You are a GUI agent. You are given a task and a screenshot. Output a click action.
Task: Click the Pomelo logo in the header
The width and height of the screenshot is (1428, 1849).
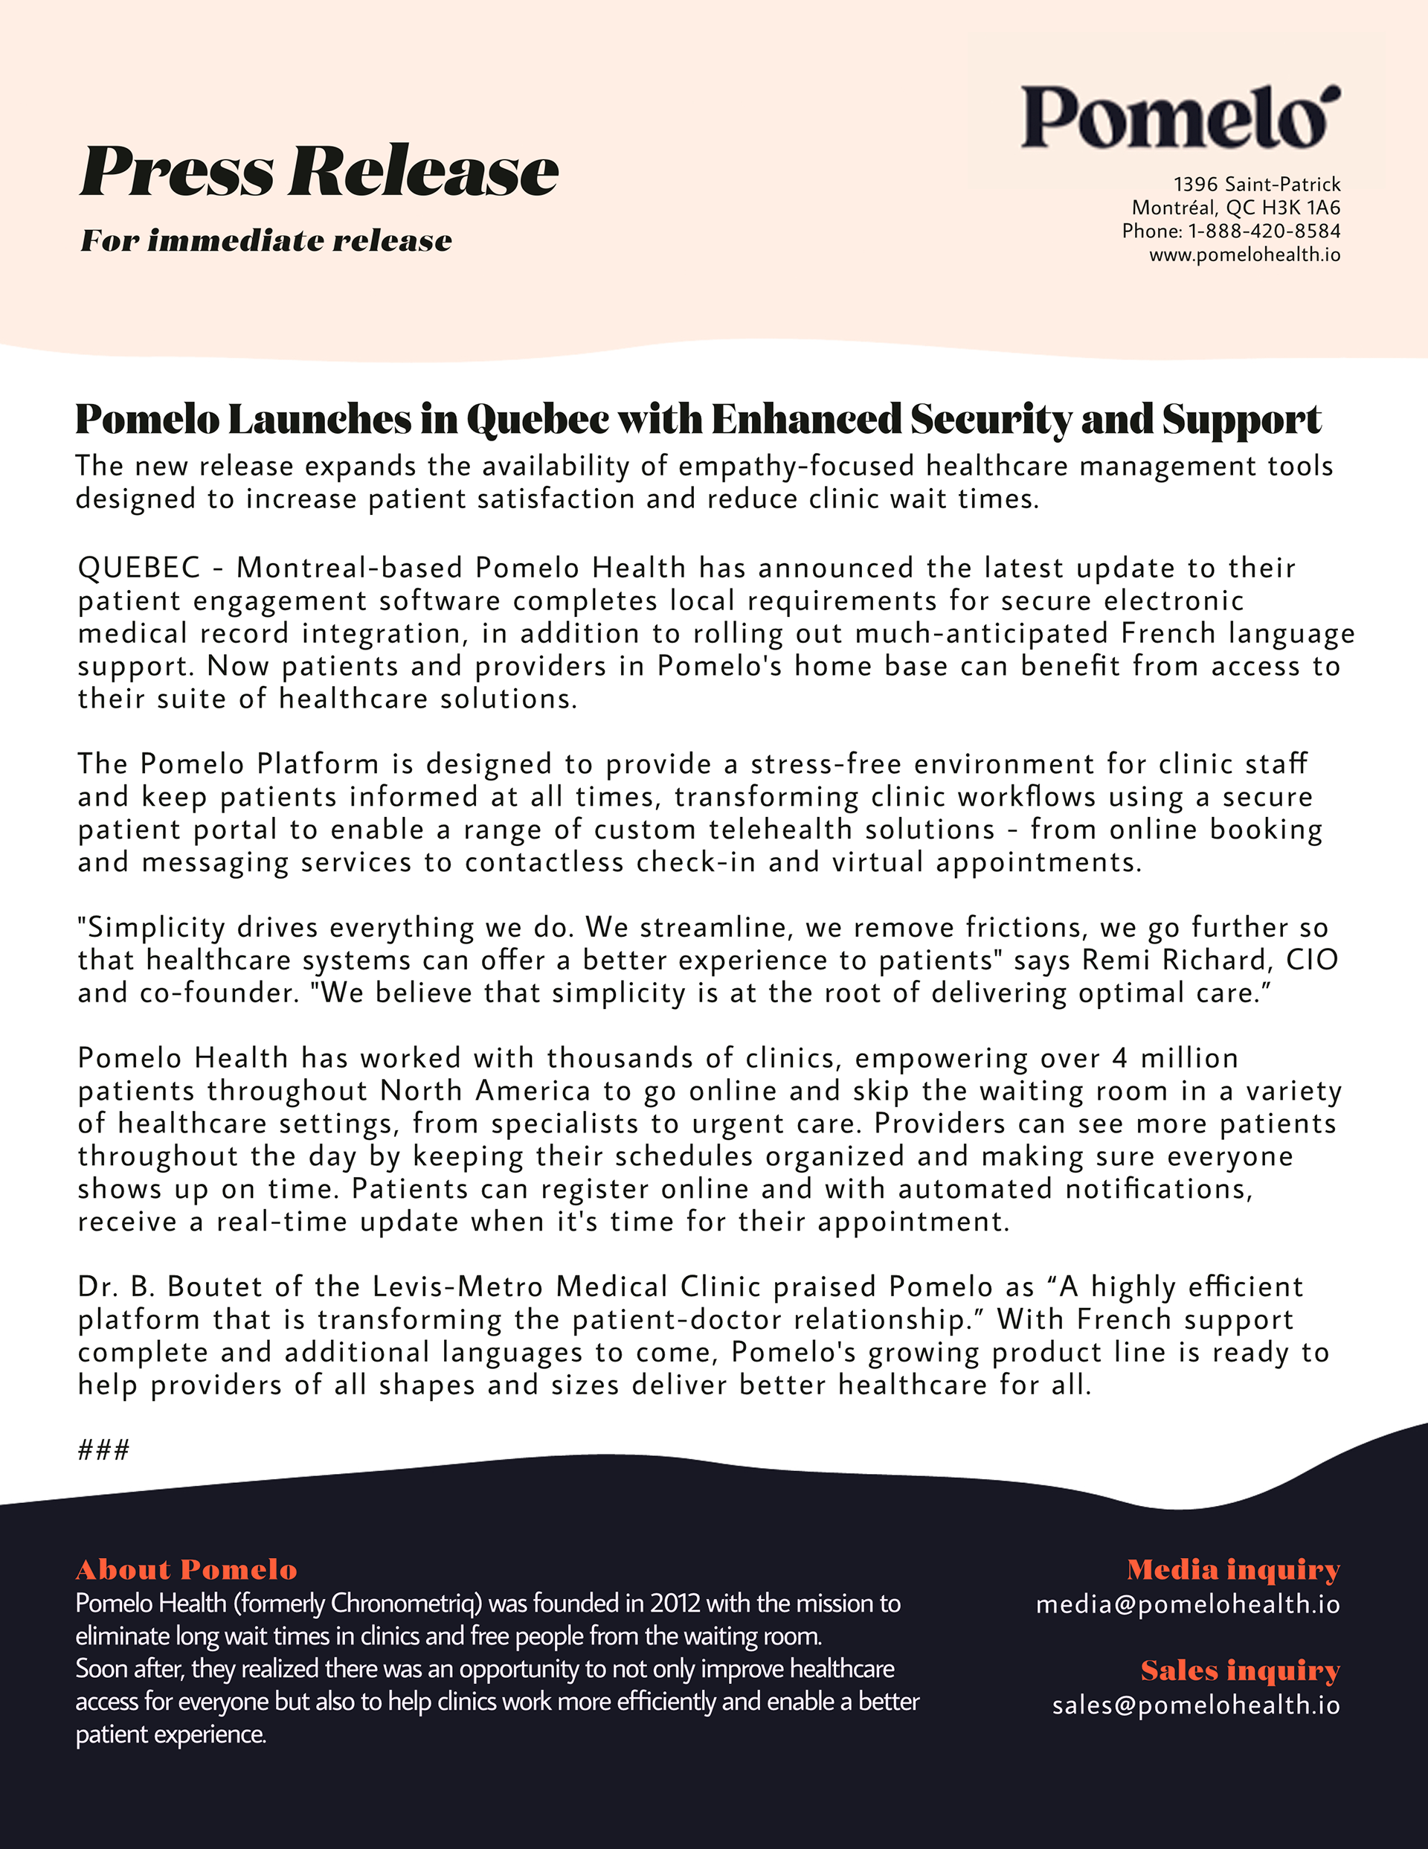click(x=1179, y=118)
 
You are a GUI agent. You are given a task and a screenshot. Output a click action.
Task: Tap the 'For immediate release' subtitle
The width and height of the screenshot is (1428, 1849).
click(x=266, y=241)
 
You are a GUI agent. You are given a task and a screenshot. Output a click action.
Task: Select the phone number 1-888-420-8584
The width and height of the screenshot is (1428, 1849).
click(x=1264, y=231)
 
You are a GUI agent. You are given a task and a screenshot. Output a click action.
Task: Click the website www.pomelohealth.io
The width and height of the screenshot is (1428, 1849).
click(x=1244, y=254)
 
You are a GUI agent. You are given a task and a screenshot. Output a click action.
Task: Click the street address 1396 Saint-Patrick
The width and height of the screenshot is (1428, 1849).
click(x=1256, y=185)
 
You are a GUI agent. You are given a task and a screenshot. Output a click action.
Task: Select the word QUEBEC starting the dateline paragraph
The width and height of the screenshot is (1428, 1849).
click(x=139, y=568)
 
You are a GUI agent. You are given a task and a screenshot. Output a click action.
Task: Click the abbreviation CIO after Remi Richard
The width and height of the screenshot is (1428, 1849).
click(x=1311, y=960)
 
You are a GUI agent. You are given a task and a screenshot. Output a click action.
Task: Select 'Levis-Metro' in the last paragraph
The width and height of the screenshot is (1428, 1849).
click(x=457, y=1286)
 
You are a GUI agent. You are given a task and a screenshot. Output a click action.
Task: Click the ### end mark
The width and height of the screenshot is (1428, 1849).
click(x=103, y=1450)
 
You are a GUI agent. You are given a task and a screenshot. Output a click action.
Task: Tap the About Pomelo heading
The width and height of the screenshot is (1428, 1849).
click(x=186, y=1571)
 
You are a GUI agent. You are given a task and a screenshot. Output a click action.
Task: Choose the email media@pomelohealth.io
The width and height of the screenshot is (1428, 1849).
click(x=1188, y=1604)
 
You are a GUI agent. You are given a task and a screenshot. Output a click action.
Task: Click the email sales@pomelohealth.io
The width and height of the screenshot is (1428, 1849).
click(x=1195, y=1705)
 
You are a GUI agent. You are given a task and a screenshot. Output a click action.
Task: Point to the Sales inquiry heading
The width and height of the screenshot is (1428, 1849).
click(x=1239, y=1670)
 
